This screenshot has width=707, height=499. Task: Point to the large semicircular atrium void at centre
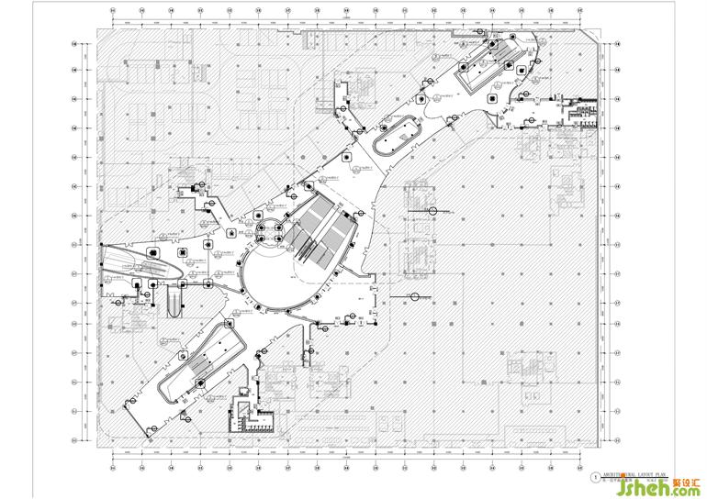pos(275,275)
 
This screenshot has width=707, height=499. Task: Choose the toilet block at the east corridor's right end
pos(580,109)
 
